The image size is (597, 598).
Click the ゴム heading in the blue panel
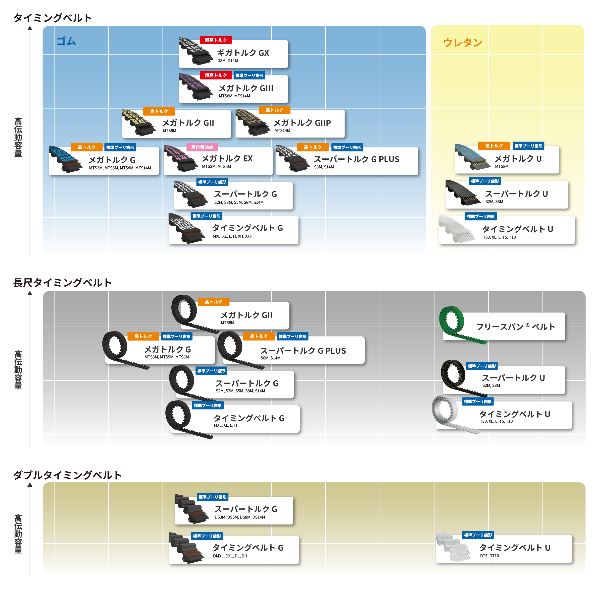[x=66, y=41]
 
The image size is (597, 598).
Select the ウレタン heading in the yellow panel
[x=462, y=42]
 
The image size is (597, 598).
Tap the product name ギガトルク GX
[x=243, y=53]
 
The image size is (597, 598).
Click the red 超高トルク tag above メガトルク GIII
[x=216, y=75]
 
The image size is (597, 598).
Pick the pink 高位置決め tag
[x=202, y=147]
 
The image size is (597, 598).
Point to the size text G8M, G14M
[x=228, y=61]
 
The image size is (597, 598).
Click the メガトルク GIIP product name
[x=302, y=123]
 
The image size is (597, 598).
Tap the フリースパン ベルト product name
[x=515, y=327]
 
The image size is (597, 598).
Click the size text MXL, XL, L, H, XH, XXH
[x=233, y=236]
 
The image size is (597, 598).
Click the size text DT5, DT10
[x=489, y=556]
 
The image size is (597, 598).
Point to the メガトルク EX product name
[x=227, y=158]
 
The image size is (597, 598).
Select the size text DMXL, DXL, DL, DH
[x=230, y=556]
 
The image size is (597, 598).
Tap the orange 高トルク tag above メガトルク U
[x=494, y=146]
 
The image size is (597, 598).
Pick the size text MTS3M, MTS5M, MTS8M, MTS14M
[x=120, y=168]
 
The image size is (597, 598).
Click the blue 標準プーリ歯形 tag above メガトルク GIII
[x=249, y=75]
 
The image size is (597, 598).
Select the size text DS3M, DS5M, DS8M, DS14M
[x=240, y=517]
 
